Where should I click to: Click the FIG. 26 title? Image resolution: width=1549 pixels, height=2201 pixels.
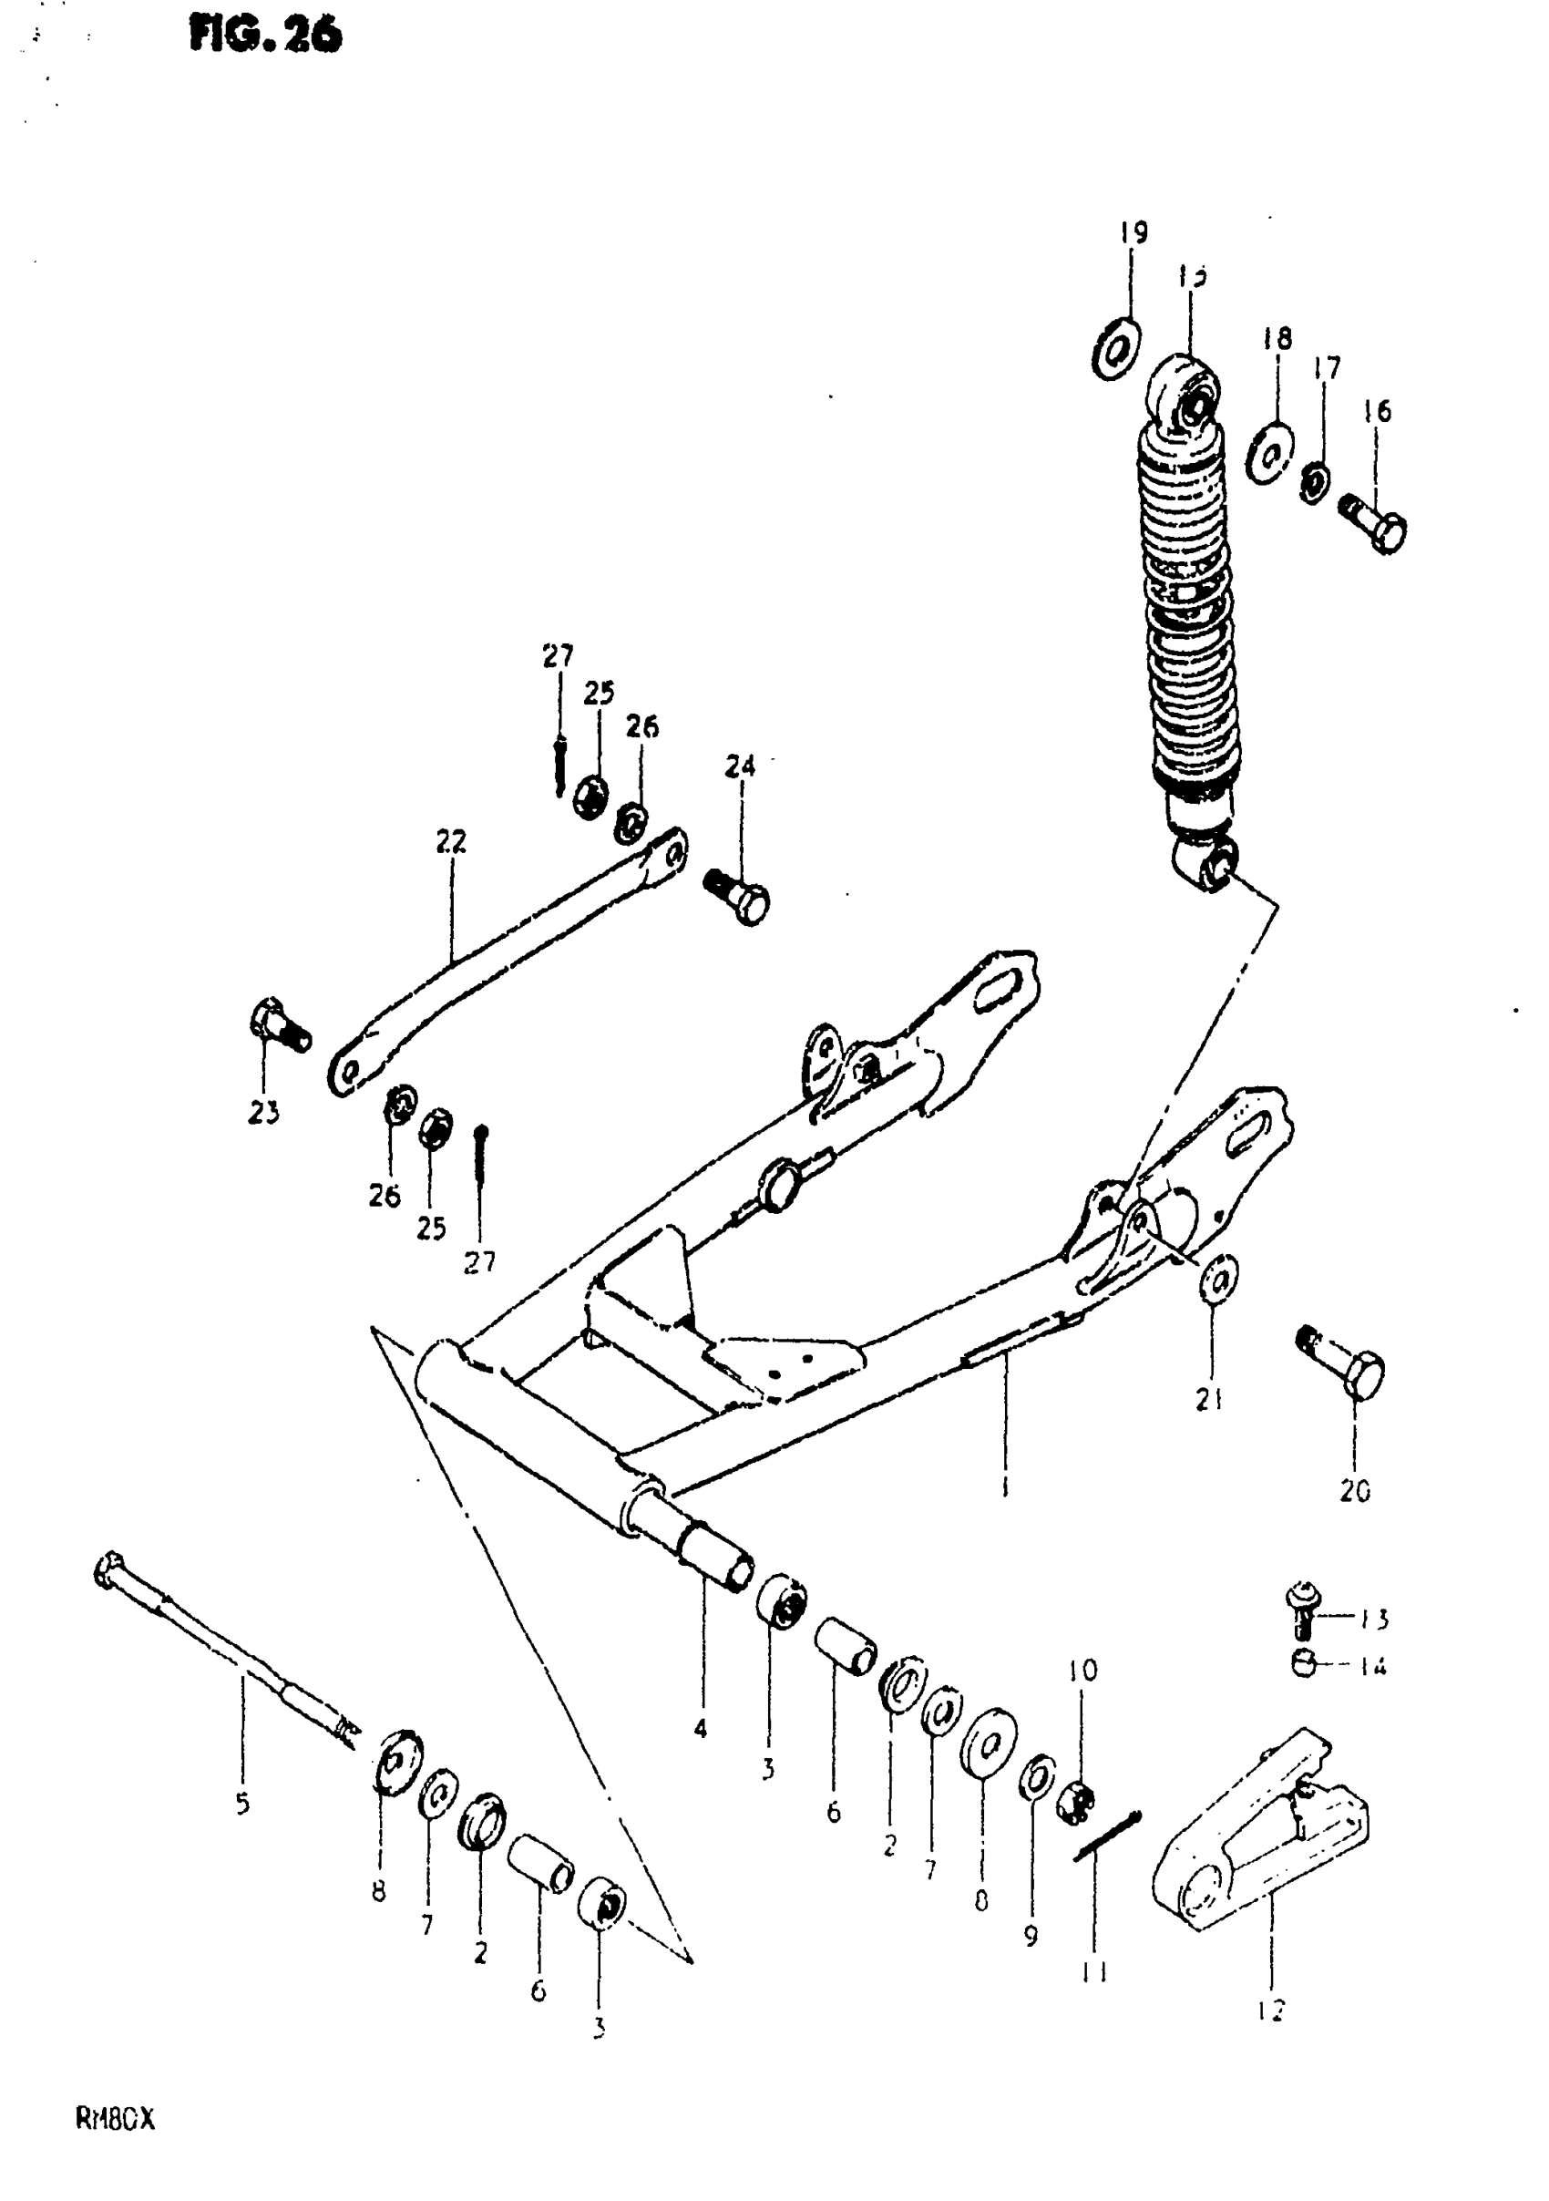265,36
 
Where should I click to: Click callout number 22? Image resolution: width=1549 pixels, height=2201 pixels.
450,842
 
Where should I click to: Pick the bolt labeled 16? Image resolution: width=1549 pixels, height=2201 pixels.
1377,522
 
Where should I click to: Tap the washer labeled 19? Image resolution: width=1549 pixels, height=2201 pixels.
1114,351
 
